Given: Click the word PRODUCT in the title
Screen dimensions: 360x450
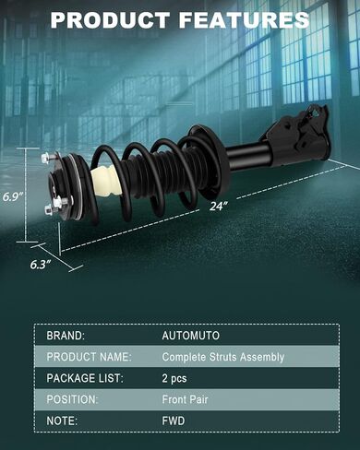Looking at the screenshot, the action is [x=110, y=19].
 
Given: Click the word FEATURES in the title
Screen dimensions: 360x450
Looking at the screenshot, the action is [x=244, y=19].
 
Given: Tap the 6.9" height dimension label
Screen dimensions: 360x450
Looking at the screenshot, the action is [x=13, y=196].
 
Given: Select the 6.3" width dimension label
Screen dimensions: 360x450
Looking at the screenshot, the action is [x=41, y=265].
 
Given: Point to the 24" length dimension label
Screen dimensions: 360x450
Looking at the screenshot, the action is [x=219, y=206].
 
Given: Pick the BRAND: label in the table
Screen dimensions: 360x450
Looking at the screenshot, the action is [x=66, y=336].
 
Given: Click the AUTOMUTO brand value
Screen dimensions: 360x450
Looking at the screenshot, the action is [x=191, y=336].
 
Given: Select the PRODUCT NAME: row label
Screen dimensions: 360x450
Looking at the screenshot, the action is [x=89, y=357].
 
